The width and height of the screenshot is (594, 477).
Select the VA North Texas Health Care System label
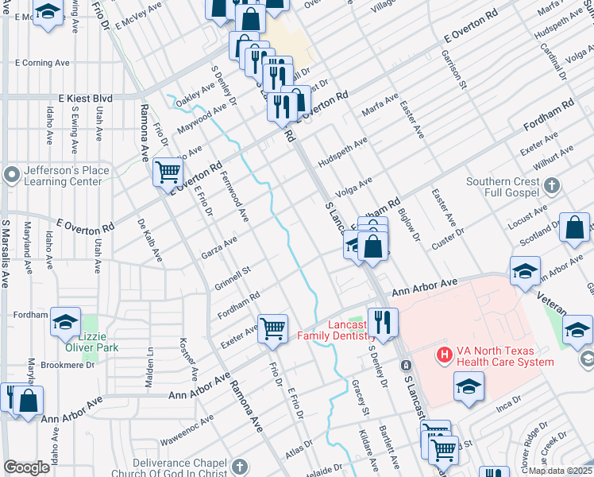click(503, 357)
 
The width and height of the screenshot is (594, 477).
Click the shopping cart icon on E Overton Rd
click(168, 172)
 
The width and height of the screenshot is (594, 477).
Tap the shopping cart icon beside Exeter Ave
click(272, 327)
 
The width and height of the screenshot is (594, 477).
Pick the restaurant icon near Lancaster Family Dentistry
click(383, 322)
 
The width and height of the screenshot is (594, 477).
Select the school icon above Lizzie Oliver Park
click(66, 321)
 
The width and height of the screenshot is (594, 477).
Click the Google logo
click(26, 467)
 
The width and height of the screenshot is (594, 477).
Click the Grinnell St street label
click(232, 277)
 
